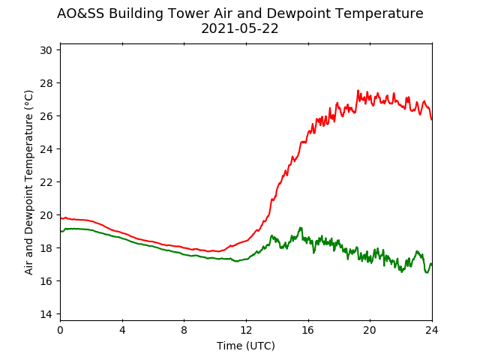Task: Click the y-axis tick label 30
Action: (46, 50)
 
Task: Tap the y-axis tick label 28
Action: (46, 83)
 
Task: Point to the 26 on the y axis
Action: (46, 116)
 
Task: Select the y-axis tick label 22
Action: (46, 182)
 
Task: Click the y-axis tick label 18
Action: (46, 248)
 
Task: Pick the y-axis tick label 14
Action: (46, 314)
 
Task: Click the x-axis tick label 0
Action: (60, 330)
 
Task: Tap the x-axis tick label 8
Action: (184, 330)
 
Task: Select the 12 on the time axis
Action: (246, 330)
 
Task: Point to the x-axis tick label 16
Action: (308, 330)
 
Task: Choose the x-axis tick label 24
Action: (432, 330)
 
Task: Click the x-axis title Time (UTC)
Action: (246, 346)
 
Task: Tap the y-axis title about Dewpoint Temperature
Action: (28, 182)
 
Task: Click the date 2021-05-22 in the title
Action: (240, 28)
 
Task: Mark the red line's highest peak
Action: (358, 90)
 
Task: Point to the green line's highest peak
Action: (301, 227)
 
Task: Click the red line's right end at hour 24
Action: (432, 120)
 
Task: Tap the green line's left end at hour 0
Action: (61, 232)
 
